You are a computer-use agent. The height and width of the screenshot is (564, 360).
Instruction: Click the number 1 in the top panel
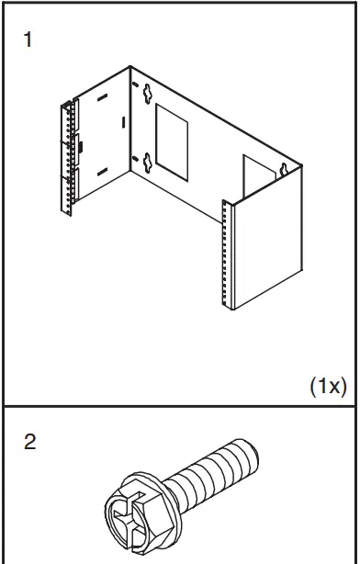28,42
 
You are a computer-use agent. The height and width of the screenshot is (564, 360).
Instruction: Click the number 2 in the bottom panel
29,443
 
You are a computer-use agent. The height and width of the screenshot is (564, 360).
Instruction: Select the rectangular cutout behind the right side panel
255,175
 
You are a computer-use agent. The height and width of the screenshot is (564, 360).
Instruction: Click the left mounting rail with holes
67,158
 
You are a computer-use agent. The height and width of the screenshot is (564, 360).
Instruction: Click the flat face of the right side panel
266,257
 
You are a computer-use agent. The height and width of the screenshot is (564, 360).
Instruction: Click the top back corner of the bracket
130,67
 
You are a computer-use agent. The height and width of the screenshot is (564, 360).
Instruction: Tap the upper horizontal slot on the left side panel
102,96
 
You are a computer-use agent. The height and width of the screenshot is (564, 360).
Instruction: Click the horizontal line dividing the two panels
180,405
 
